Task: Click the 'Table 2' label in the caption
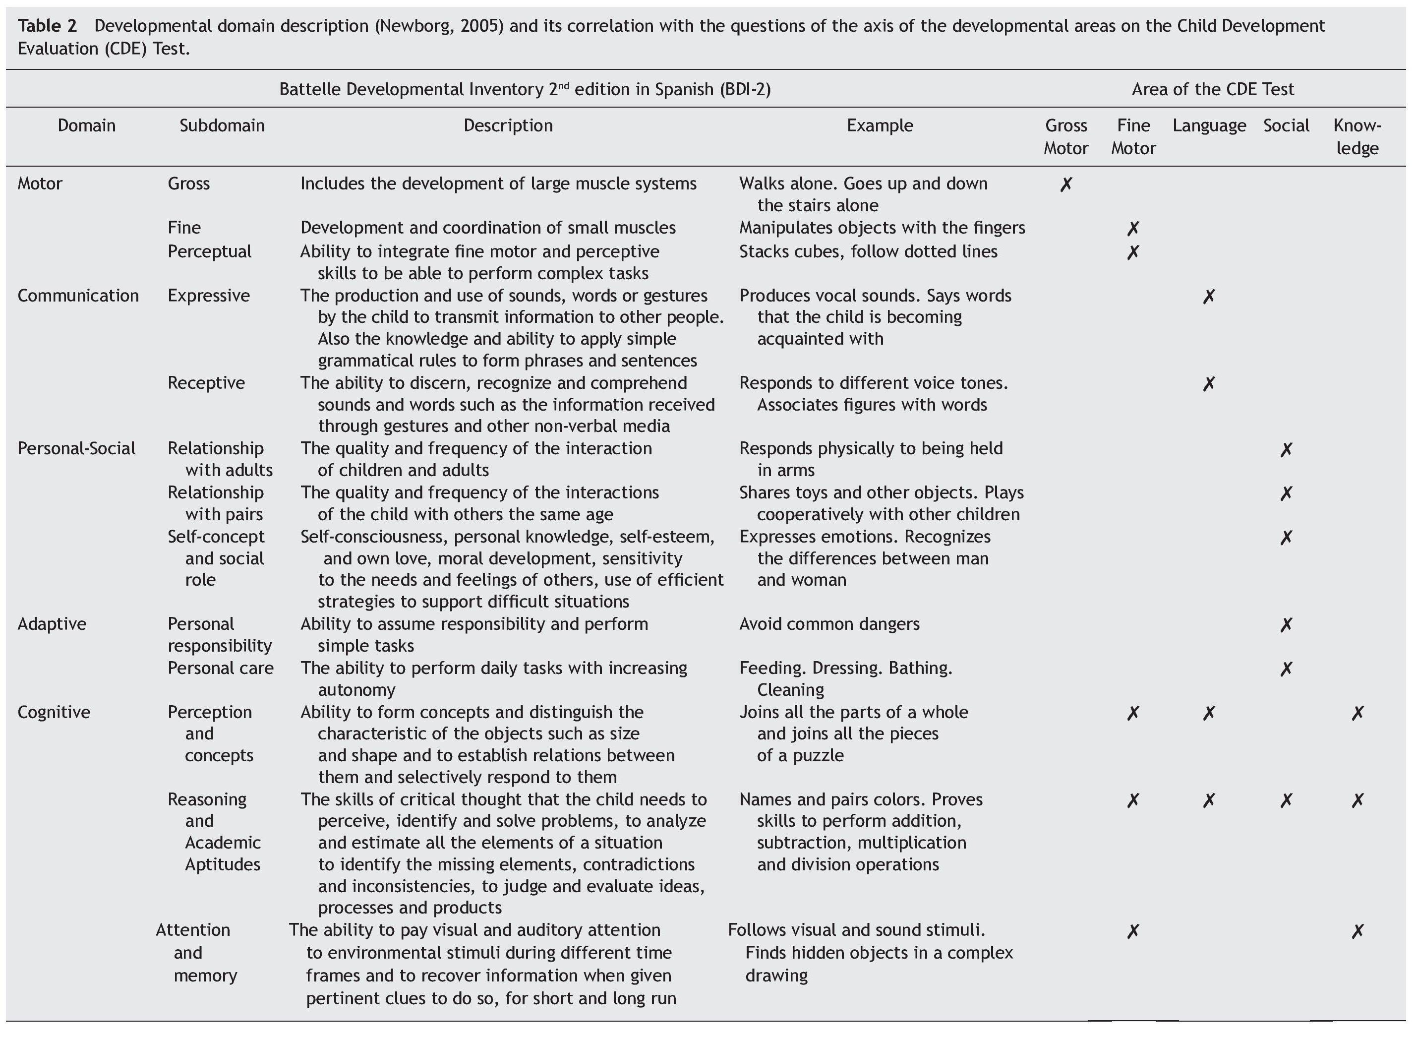coord(47,26)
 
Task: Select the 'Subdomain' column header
coord(222,126)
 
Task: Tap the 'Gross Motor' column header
coord(1065,136)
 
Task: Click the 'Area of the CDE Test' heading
coord(1212,89)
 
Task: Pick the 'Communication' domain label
coord(78,296)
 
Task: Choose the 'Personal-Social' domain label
coord(76,448)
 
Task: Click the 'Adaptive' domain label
coord(52,624)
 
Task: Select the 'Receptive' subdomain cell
coord(206,383)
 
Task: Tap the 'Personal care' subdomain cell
coord(221,668)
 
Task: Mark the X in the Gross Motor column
coord(1065,184)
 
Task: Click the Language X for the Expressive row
coord(1208,296)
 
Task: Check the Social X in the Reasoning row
coord(1286,800)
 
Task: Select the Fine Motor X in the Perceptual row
coord(1133,252)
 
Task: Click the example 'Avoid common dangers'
coord(828,624)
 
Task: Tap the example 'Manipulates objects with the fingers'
coord(882,228)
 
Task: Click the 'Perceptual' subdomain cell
coord(209,251)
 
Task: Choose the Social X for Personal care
coord(1286,669)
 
